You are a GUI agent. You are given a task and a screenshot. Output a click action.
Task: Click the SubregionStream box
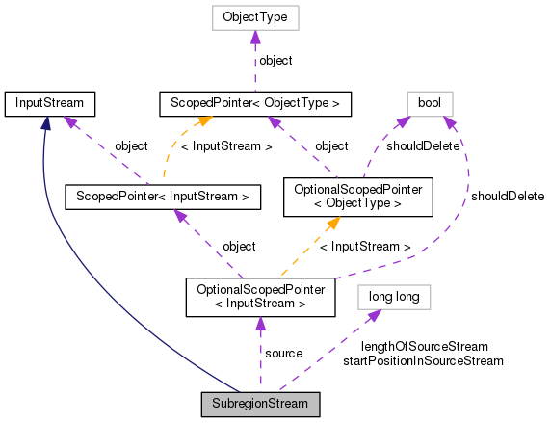[260, 403]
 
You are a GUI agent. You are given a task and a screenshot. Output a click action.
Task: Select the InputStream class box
[48, 101]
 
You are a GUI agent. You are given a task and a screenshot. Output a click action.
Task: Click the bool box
[430, 101]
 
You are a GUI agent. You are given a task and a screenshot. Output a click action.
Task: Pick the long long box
[393, 296]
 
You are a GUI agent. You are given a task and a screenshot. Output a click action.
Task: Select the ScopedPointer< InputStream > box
[163, 198]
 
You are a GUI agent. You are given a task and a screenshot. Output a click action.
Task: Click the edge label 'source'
[284, 354]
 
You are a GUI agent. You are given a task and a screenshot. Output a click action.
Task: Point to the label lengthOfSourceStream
[424, 346]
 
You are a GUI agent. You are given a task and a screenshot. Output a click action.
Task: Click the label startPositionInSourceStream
[424, 361]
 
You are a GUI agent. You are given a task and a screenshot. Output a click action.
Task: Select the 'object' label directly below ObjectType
[275, 60]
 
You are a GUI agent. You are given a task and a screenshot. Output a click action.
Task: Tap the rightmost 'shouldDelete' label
[506, 197]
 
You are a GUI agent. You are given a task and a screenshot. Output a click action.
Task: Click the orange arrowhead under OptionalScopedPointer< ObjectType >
[331, 225]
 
